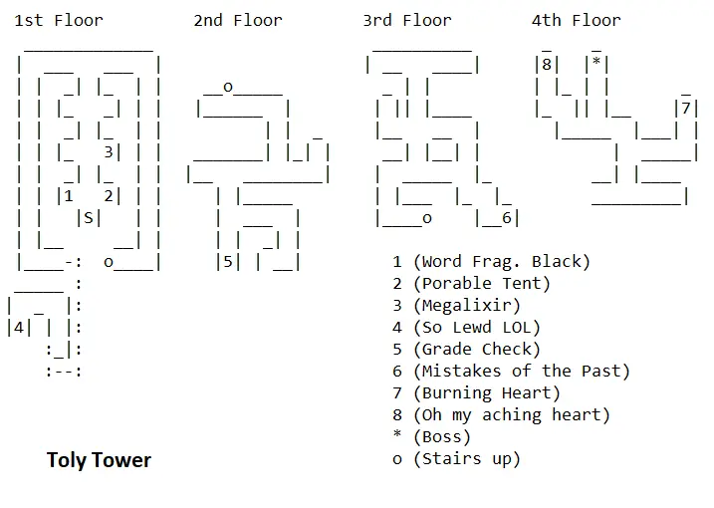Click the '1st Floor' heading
click(x=59, y=20)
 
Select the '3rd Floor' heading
click(x=406, y=20)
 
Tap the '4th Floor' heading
click(x=576, y=20)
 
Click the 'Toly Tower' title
click(x=99, y=460)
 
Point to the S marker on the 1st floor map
click(x=89, y=218)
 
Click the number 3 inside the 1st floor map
click(x=108, y=152)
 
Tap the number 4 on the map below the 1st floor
click(x=19, y=328)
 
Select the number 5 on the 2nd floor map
click(x=228, y=263)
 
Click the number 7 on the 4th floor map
click(x=683, y=109)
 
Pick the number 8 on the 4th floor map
click(x=546, y=65)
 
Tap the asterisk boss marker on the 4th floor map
click(x=595, y=65)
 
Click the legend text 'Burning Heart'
click(x=486, y=393)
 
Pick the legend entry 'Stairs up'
click(x=466, y=459)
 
